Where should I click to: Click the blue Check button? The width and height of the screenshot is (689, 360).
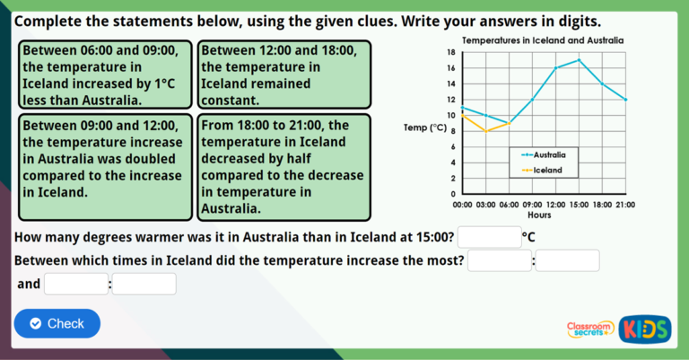57,323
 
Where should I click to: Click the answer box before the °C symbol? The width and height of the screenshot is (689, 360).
489,237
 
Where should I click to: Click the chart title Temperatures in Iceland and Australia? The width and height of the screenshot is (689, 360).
542,40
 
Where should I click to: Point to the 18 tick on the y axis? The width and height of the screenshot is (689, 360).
451,52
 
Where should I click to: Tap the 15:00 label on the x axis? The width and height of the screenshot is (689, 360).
579,205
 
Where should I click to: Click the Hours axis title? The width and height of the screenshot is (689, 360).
539,215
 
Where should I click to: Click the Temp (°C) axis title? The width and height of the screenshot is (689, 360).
425,127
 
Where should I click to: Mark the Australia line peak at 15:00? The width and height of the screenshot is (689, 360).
579,60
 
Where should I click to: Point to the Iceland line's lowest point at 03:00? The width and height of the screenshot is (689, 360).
485,131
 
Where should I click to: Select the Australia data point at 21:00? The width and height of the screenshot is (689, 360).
625,100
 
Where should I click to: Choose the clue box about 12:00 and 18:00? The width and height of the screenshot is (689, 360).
284,75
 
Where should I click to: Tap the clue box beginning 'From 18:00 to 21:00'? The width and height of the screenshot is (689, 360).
284,166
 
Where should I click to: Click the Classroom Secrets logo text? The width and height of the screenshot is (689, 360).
590,329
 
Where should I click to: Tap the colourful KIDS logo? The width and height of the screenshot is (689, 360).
645,329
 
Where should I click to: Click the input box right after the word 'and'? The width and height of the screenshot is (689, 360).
76,284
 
